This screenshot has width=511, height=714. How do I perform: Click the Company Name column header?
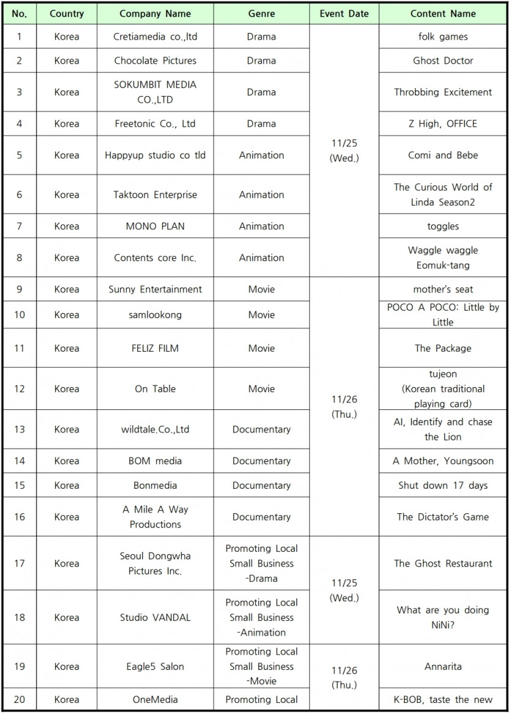pos(155,13)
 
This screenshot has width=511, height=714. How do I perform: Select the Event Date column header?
pos(344,13)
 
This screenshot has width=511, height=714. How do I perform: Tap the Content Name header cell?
pos(442,13)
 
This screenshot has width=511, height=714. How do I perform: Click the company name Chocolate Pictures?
pos(155,61)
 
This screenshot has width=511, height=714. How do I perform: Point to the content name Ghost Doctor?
pos(442,61)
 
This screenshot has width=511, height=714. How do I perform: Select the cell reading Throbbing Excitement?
pos(442,92)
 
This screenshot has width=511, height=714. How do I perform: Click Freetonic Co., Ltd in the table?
pos(155,124)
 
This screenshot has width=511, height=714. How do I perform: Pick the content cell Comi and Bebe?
pos(442,155)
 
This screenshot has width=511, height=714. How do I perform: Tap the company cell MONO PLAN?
pos(155,226)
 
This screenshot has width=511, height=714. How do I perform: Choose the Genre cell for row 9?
pos(261,289)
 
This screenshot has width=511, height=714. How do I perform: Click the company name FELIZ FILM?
pos(155,348)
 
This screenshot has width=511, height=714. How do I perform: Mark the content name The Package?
pos(442,348)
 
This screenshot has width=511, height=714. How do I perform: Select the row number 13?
pos(19,430)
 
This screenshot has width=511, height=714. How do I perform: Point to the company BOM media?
pos(155,461)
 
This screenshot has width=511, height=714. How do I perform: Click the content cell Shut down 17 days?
pos(442,486)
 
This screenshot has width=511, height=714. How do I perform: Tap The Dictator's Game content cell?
pos(442,517)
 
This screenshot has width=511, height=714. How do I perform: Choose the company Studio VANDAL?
pos(155,617)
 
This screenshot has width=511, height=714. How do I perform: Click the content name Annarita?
pos(442,666)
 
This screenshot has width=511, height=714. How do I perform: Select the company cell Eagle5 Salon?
pos(155,666)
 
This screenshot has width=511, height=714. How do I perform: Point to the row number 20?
pos(19,700)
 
